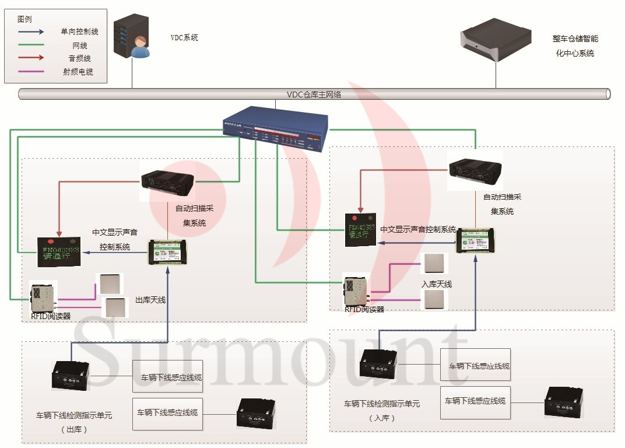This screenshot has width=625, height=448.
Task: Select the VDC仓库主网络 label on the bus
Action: [x=314, y=94]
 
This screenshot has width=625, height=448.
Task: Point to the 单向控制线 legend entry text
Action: [x=79, y=32]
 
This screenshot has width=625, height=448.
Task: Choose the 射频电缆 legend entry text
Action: [x=78, y=72]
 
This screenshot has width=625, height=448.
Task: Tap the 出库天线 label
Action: [x=150, y=300]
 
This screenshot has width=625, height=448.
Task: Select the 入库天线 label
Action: [x=437, y=284]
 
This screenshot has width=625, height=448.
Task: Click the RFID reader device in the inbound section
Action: [x=357, y=289]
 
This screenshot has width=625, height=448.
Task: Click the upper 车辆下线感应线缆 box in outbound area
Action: [x=168, y=378]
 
